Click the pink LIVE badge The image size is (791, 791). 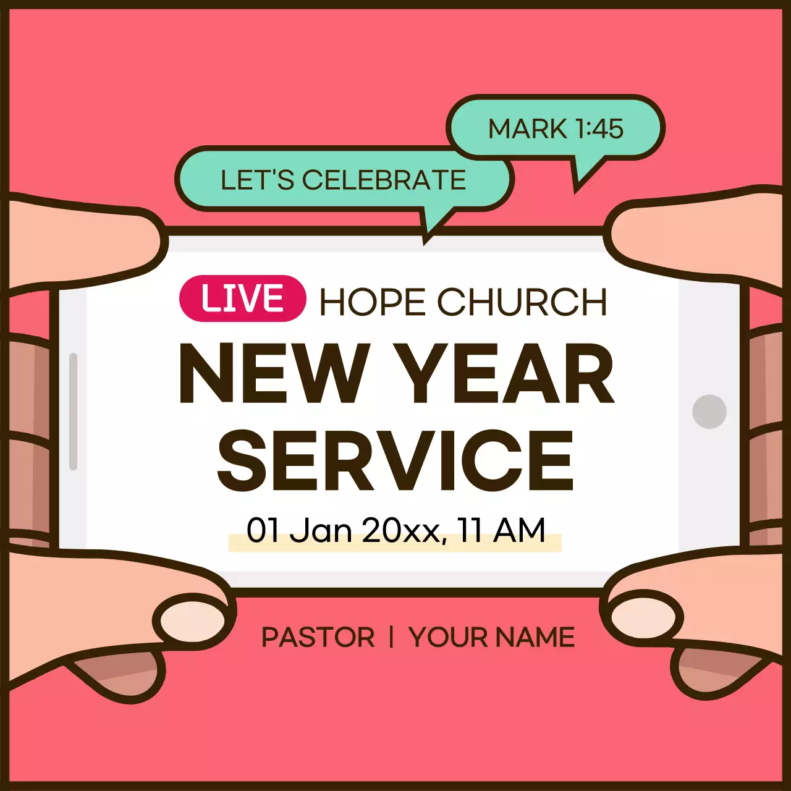(x=242, y=298)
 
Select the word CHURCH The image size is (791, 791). (x=522, y=302)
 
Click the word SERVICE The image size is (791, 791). (x=396, y=460)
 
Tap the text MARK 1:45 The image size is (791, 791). (x=556, y=129)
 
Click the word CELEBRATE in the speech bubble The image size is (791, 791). (x=384, y=180)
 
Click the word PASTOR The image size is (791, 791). (x=318, y=637)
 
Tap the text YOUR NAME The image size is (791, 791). (x=491, y=637)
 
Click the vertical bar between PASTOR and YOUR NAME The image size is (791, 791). (x=391, y=637)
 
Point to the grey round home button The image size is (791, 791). (x=709, y=412)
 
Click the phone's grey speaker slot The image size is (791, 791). (x=74, y=411)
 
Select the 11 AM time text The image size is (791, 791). (x=501, y=530)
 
